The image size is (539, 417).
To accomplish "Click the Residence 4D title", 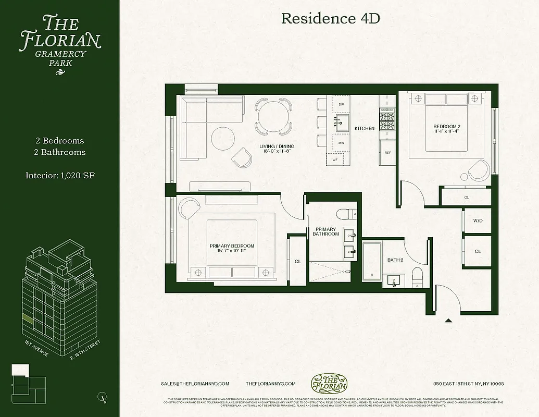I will [331, 19].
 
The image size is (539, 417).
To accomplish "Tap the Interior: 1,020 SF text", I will [60, 175].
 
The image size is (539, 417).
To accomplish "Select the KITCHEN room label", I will [365, 128].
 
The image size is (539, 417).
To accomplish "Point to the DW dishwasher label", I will [342, 105].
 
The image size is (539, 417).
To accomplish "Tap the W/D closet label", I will [478, 221].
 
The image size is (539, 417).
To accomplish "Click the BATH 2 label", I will [395, 260].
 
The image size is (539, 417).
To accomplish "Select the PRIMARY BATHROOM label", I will [326, 231].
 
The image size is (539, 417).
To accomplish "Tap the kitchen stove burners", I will [387, 122].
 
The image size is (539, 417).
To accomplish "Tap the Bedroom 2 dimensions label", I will [447, 132].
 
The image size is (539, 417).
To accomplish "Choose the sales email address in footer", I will [195, 384].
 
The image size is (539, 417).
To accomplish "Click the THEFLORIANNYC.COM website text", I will [270, 384].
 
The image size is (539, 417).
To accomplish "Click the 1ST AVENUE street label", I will [36, 348].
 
